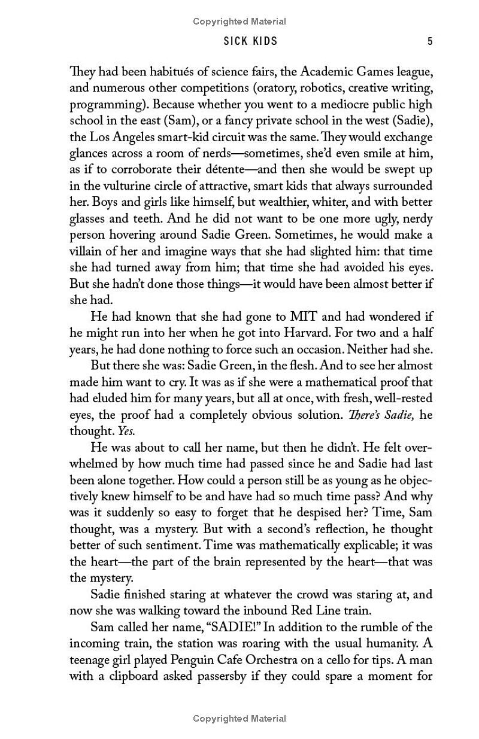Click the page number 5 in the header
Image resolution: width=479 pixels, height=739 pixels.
430,41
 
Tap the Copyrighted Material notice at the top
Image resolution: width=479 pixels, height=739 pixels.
239,22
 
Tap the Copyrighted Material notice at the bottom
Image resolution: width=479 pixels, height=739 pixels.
239,718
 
